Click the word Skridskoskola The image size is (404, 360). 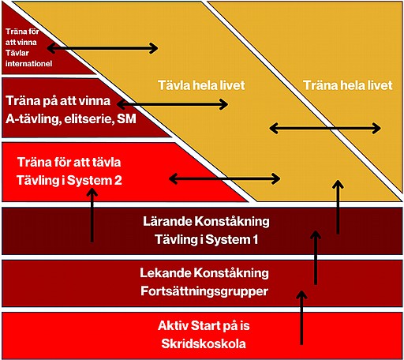[x=204, y=343]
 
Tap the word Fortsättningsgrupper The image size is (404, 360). [x=204, y=291]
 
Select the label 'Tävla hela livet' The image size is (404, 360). [x=201, y=85]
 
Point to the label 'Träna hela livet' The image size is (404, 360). [x=348, y=85]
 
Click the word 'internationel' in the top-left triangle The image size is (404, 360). [x=29, y=63]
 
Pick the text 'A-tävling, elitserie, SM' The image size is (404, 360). [x=71, y=119]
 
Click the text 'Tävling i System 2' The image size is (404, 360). [x=69, y=181]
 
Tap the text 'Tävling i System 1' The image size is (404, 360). [x=206, y=239]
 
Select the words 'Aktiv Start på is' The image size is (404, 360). [x=204, y=326]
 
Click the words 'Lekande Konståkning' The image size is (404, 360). [x=204, y=273]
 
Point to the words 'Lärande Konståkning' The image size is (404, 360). [x=206, y=221]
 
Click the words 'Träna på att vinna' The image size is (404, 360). [x=58, y=101]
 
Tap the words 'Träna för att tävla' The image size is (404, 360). [x=69, y=163]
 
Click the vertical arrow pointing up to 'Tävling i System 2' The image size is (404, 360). [x=92, y=216]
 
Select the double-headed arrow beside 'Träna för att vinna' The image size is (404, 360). [x=103, y=48]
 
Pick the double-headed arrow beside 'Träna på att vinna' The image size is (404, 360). [x=172, y=104]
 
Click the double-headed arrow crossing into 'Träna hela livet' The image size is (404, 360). [x=325, y=129]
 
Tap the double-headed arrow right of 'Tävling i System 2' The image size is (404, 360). [x=225, y=179]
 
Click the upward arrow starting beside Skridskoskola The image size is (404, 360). [x=301, y=317]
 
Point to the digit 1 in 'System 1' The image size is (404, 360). [x=255, y=239]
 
